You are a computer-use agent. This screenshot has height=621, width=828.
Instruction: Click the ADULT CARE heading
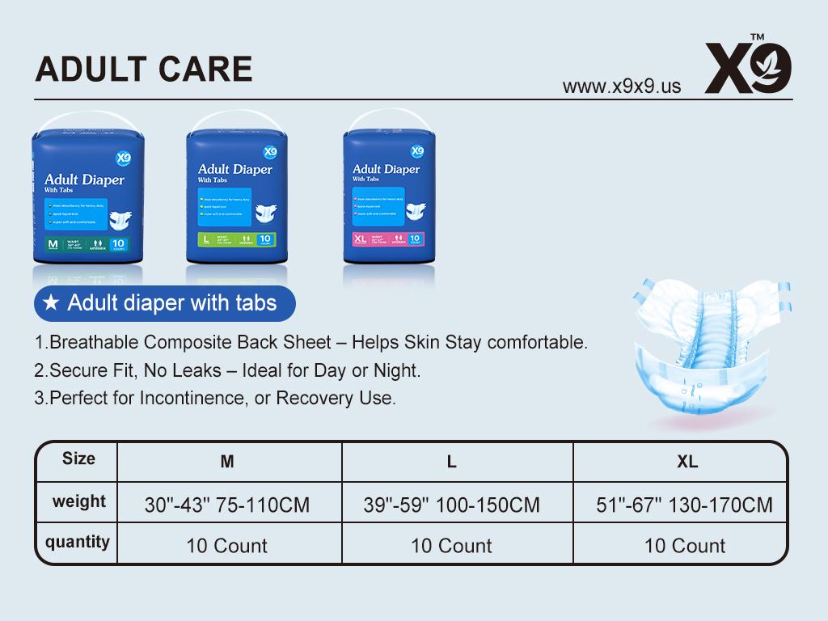144,69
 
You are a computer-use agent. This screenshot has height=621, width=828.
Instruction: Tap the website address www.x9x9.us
621,87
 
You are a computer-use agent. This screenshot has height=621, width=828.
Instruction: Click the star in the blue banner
51,303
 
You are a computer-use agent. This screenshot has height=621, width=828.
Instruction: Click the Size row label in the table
78,458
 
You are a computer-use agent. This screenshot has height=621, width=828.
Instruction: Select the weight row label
78,501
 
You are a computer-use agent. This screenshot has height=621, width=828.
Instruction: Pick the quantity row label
78,542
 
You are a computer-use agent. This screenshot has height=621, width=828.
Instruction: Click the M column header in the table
227,462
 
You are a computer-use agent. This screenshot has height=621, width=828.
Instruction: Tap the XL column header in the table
687,462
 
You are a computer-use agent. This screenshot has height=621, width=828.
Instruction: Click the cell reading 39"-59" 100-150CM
451,505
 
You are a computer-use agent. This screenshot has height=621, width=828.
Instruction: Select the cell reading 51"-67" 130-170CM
684,505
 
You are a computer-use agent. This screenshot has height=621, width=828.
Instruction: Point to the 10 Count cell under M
226,546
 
